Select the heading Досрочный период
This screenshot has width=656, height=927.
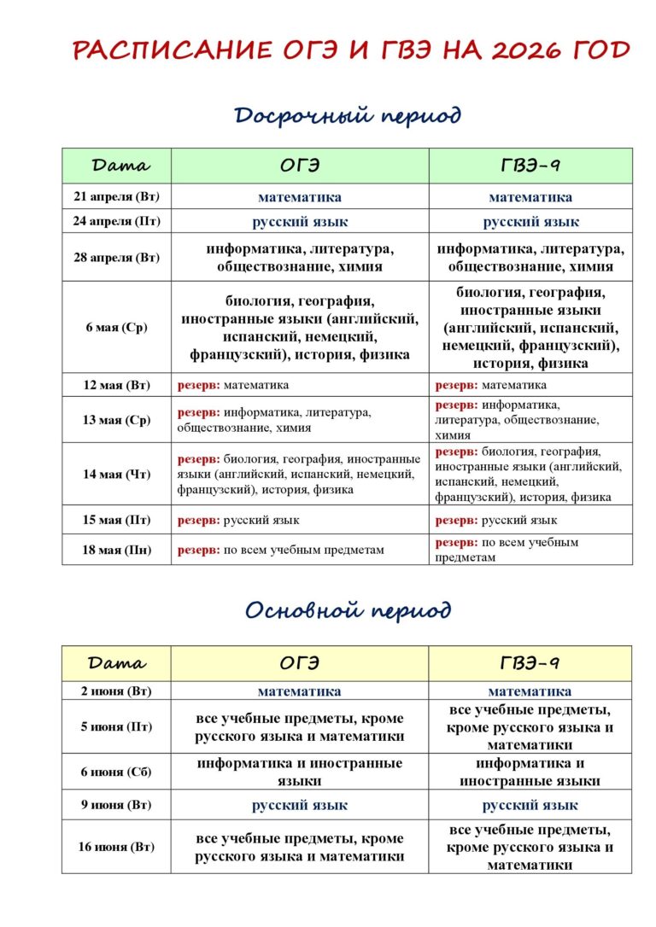[348, 114]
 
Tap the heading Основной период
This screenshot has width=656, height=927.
[348, 609]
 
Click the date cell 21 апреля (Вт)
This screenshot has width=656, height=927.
[116, 197]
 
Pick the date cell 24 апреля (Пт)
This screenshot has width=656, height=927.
[116, 222]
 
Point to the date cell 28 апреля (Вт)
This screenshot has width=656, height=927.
[116, 258]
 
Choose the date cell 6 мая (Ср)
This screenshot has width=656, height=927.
[116, 328]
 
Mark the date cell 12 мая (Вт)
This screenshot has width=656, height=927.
[116, 385]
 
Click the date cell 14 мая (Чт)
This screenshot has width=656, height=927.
[116, 475]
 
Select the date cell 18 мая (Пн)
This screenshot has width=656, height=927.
[116, 550]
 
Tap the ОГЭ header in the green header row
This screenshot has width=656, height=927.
[300, 166]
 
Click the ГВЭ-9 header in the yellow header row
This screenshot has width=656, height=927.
[530, 662]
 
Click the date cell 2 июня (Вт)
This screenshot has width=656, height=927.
[116, 691]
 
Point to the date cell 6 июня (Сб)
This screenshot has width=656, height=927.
[116, 772]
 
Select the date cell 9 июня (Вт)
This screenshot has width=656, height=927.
[116, 805]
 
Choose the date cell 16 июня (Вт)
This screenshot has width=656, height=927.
[116, 847]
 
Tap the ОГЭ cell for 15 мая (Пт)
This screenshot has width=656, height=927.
[300, 520]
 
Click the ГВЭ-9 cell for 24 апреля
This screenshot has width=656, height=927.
[530, 222]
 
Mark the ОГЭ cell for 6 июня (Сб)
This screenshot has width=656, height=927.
[300, 772]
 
